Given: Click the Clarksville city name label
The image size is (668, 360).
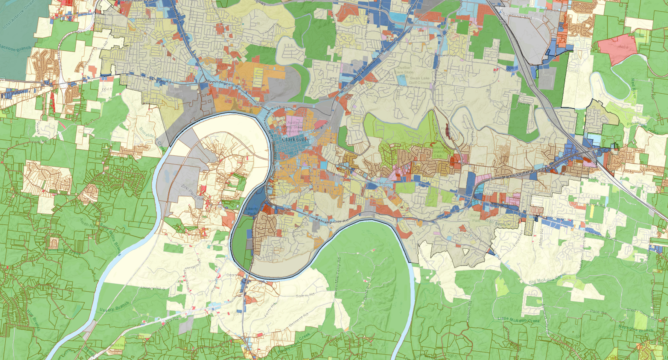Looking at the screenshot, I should (x=295, y=139).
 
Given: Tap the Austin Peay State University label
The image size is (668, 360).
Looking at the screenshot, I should (x=293, y=127).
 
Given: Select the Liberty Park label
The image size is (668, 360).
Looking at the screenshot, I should (x=252, y=211).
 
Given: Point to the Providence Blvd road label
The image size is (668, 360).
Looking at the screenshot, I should (x=224, y=84).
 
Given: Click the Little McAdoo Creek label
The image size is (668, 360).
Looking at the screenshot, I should (x=518, y=320).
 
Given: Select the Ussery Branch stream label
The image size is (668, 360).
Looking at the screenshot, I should (x=114, y=307).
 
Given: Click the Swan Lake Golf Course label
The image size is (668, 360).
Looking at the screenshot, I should (x=419, y=81).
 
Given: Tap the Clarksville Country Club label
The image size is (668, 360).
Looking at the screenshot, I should (x=438, y=152).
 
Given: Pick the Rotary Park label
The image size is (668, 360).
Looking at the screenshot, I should (x=476, y=218).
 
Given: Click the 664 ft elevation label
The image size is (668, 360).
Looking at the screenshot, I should (x=107, y=89).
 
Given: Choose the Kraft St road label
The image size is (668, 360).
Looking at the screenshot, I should (x=279, y=108).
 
